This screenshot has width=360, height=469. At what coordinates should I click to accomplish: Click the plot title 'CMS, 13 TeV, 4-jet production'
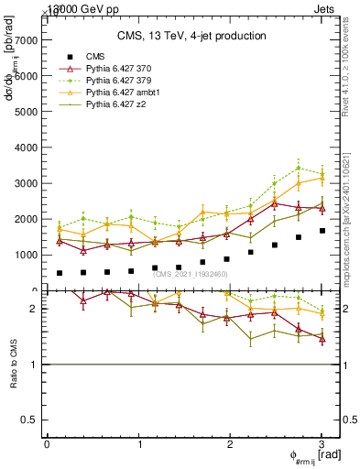coord(191,36)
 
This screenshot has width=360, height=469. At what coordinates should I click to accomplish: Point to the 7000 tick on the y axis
coord(26,40)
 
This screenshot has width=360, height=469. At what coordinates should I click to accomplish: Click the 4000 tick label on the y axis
coord(26,147)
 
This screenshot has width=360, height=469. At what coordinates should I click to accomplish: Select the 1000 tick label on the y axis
coord(26,255)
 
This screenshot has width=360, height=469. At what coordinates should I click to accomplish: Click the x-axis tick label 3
coord(322,444)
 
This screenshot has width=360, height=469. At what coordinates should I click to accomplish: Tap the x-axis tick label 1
coord(138,444)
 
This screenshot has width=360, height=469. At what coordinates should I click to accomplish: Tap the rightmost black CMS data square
coord(322,231)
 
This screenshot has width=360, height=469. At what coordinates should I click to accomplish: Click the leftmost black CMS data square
coord(60,273)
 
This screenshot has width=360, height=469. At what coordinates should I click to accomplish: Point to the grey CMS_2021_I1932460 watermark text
coord(192,274)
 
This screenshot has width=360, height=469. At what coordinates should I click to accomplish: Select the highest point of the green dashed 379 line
coord(299,168)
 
